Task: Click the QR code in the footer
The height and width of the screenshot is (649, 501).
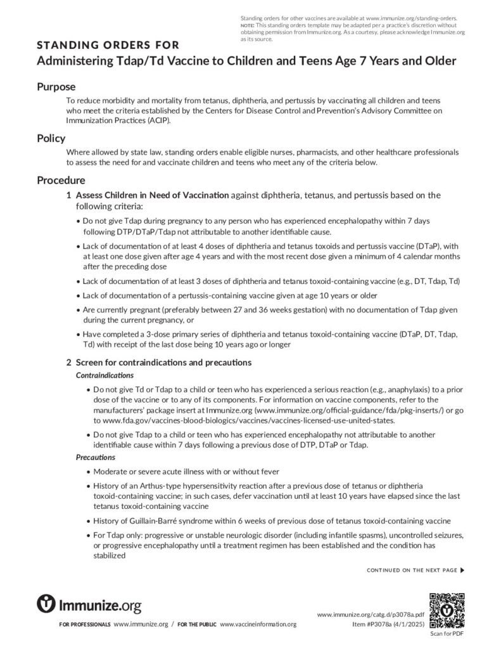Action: coord(447,610)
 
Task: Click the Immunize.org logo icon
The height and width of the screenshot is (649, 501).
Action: coord(47,604)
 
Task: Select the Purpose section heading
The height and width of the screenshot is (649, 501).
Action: coord(56,87)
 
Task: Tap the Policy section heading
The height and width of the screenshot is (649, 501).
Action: coord(51,139)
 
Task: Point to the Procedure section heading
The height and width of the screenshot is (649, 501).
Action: coord(61,180)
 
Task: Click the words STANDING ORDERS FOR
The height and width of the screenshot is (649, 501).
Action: coord(108,45)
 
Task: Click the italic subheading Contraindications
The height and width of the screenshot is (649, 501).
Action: coord(105,375)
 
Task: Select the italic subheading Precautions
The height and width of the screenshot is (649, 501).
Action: coord(96,457)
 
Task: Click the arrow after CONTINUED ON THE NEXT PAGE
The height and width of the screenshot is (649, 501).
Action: coord(462,570)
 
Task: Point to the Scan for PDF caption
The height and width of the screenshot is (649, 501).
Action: coord(447,633)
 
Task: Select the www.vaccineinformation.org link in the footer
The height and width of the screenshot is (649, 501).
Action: coord(258,624)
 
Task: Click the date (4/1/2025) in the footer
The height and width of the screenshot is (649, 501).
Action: coord(409,624)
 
